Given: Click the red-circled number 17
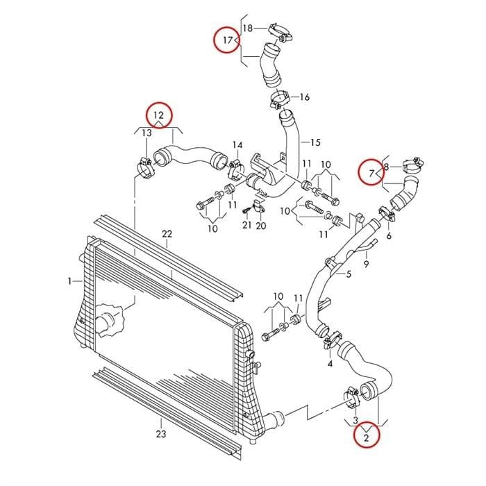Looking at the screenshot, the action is click(x=228, y=40).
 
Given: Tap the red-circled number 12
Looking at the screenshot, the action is click(x=158, y=115).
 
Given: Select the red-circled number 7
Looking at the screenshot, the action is click(x=371, y=173).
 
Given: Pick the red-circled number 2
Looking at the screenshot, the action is click(x=367, y=437).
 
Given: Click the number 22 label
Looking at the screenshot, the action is click(x=167, y=234).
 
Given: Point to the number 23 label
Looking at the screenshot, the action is click(x=161, y=434).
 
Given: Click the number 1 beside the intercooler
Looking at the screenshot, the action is click(x=69, y=281).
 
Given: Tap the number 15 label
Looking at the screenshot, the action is click(x=315, y=142).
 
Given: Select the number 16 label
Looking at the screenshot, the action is click(x=305, y=97).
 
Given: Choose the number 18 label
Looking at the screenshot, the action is click(x=248, y=28).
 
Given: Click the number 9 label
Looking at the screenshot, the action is click(x=367, y=264).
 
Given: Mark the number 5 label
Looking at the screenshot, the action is click(x=349, y=274).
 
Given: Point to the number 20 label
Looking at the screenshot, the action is click(x=261, y=226).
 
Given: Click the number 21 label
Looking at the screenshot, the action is click(x=246, y=225).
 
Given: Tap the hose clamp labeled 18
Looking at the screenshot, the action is click(x=280, y=33).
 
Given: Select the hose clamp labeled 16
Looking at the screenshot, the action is click(x=280, y=99).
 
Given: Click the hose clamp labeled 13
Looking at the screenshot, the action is click(x=145, y=168).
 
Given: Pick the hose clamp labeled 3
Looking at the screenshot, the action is click(x=352, y=397).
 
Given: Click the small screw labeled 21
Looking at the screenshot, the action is click(x=245, y=210).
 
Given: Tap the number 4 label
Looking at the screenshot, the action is click(x=330, y=363).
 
